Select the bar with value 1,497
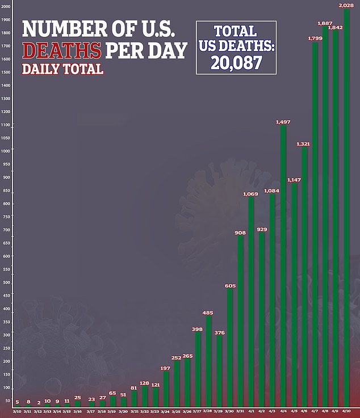[x=283, y=267]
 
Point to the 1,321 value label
[x=303, y=144]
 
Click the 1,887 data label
[x=325, y=23]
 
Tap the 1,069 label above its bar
[x=251, y=194]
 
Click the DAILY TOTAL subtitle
[x=62, y=70]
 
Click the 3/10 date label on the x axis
[x=17, y=411]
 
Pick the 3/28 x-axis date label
[x=208, y=411]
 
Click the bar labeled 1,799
[x=315, y=227]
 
